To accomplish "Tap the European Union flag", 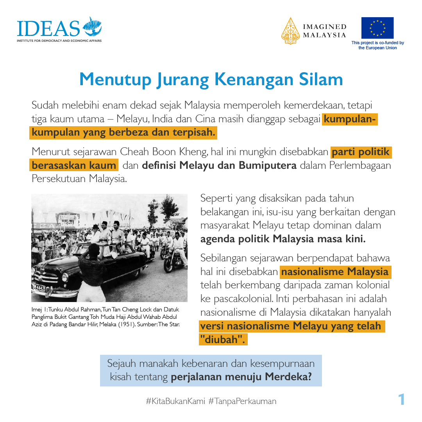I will (x=377, y=28).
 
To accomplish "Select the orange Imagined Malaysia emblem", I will (x=290, y=31).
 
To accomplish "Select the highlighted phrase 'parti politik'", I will (x=361, y=152).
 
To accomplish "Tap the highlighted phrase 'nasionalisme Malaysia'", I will (x=335, y=272).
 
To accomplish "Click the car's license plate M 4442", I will (x=39, y=287).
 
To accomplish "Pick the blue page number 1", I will (x=401, y=399).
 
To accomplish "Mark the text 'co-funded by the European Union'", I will (x=377, y=45).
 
